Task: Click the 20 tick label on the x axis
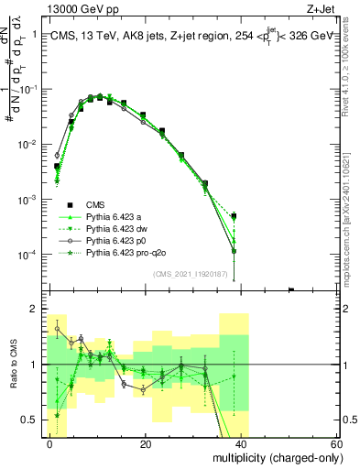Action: tap(146, 444)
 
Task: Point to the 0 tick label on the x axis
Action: tap(50, 444)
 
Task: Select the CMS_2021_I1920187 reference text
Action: tap(190, 274)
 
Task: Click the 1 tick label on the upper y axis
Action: tap(38, 35)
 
